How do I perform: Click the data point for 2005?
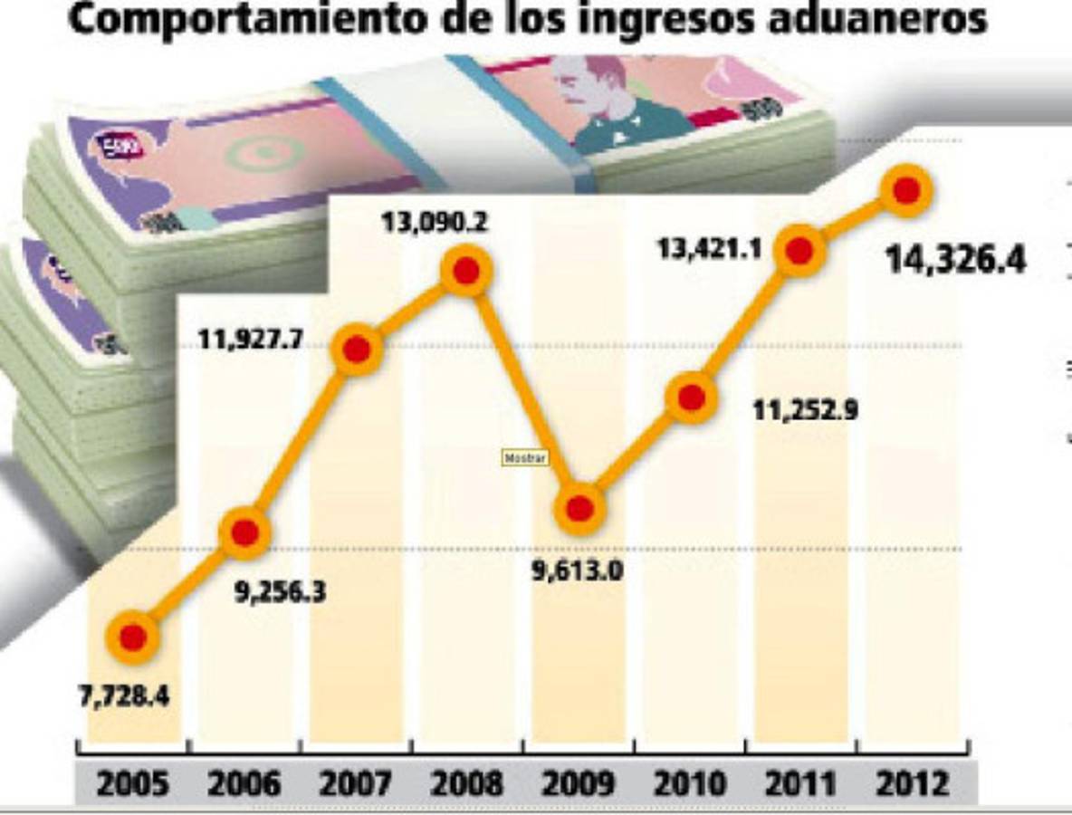(x=132, y=638)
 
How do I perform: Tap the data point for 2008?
(x=466, y=271)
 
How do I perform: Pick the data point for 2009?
(x=579, y=508)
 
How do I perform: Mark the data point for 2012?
(x=907, y=190)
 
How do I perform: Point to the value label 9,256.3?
(x=280, y=594)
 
